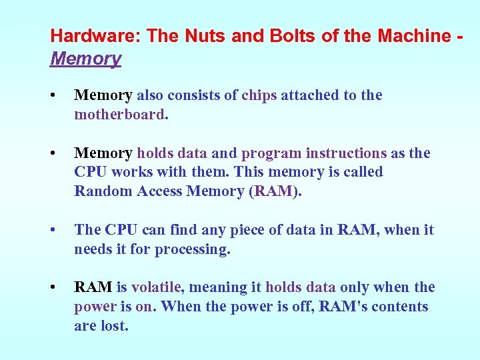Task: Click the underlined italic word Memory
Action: (x=85, y=59)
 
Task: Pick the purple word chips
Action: (x=259, y=95)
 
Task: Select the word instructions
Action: (x=346, y=153)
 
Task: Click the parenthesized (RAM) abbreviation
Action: (x=275, y=191)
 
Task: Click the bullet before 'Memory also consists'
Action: (x=53, y=96)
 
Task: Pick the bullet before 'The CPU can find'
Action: (x=53, y=231)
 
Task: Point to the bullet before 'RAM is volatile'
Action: (x=53, y=288)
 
